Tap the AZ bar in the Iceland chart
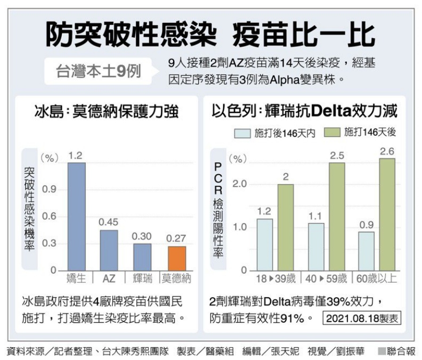[x=109, y=250]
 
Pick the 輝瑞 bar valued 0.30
[x=142, y=257]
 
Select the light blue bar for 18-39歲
[x=264, y=244]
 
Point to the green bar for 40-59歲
[x=337, y=217]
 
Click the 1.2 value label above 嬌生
[x=76, y=155]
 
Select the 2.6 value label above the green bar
[x=387, y=152]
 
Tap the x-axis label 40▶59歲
[x=326, y=279]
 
